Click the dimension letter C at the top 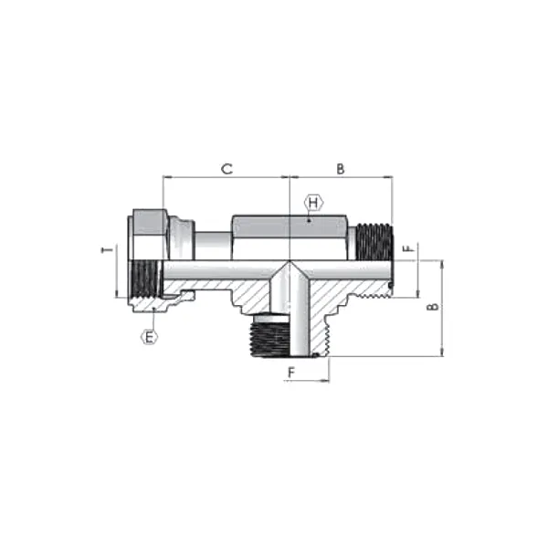click(227, 168)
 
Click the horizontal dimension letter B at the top click(340, 168)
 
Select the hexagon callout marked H click(313, 201)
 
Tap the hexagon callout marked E click(148, 336)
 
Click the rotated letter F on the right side click(410, 248)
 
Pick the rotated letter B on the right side click(435, 307)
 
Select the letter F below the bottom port click(290, 373)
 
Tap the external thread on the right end click(374, 242)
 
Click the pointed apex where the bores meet click(290, 264)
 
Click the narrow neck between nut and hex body click(213, 245)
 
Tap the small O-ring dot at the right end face click(391, 289)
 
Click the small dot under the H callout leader click(310, 219)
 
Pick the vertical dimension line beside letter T click(119, 269)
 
